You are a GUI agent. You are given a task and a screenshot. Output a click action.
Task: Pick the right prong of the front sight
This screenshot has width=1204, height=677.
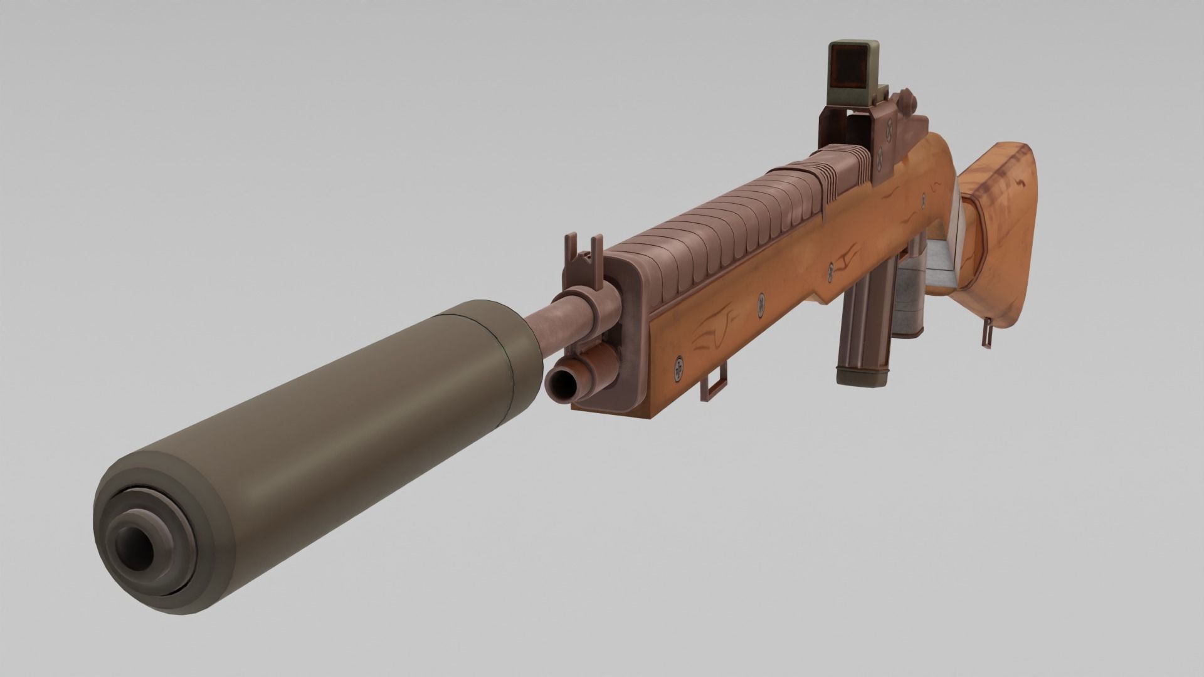tap(598, 246)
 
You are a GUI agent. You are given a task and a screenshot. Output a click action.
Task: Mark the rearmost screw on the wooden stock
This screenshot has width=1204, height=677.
tap(924, 201)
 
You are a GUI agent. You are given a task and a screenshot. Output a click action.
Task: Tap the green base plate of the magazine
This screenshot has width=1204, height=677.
tap(863, 377)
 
